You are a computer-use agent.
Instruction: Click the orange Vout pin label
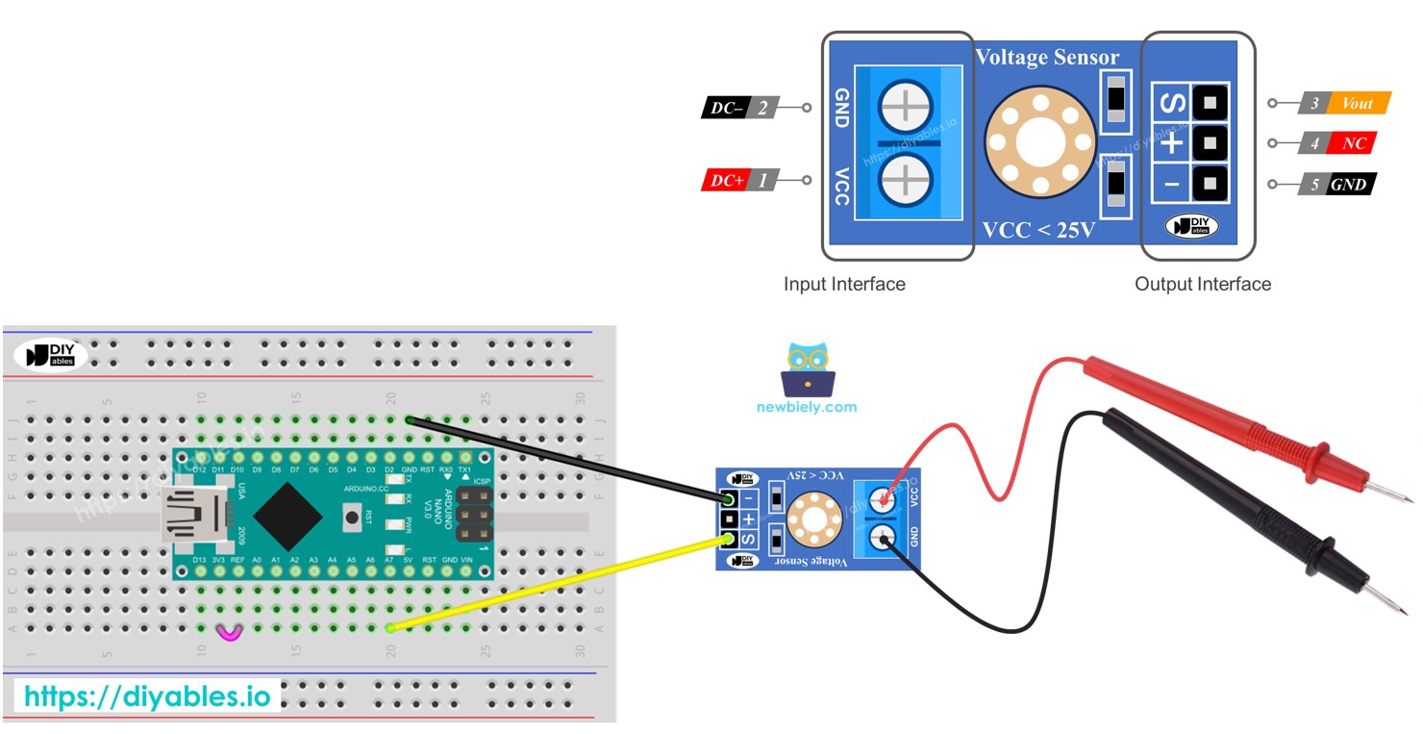click(x=1358, y=104)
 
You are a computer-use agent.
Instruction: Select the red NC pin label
click(x=1354, y=143)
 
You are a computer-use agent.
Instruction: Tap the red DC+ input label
click(x=728, y=180)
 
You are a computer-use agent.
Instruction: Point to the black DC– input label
click(x=726, y=108)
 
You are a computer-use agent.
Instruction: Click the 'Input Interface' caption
click(x=844, y=284)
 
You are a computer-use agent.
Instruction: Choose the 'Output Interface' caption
click(x=1202, y=284)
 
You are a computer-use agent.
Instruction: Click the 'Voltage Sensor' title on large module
click(x=1047, y=58)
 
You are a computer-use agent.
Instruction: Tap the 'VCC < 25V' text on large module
click(x=1039, y=230)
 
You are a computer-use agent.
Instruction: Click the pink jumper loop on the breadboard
click(x=230, y=632)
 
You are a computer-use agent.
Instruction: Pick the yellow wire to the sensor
click(x=558, y=584)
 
